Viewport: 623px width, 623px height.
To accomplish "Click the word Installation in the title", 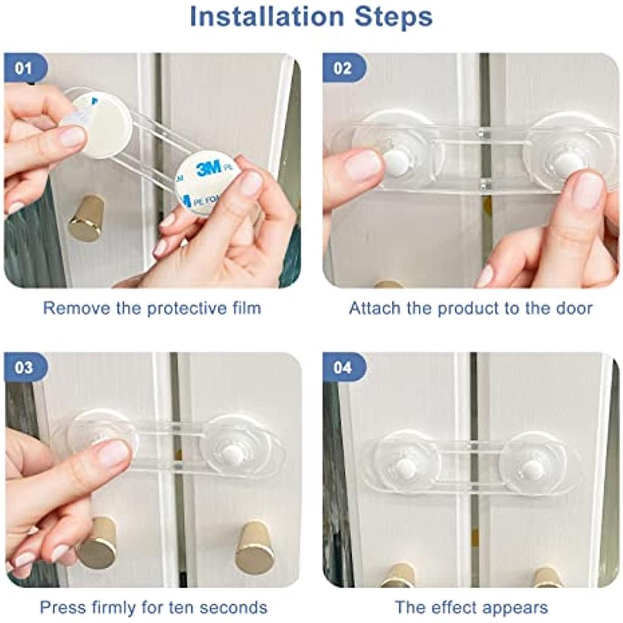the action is pos(266,16).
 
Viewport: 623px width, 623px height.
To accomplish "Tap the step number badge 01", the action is pos(23,68).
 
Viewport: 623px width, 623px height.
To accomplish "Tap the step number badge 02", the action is pos(343,68).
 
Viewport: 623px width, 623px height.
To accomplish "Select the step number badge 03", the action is pos(23,367).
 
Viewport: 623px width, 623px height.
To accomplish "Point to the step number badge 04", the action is pos(343,367).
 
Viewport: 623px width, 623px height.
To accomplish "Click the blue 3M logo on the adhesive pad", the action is pos(209,169).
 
